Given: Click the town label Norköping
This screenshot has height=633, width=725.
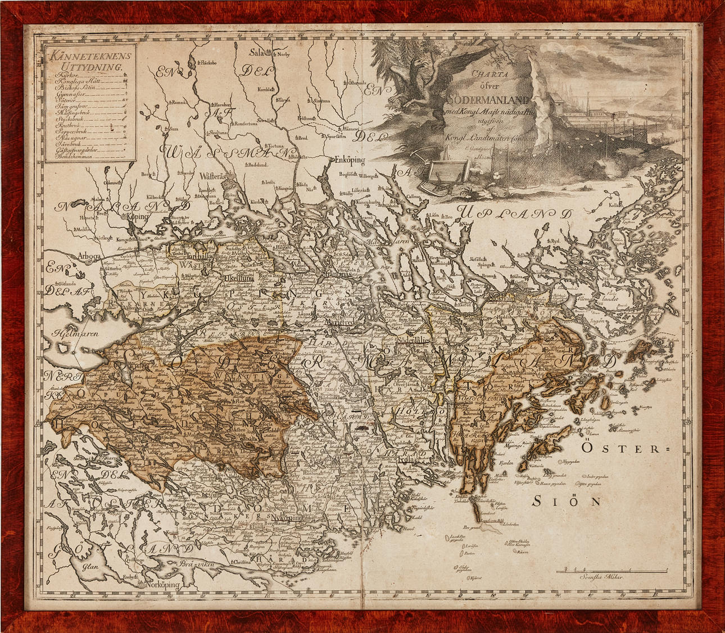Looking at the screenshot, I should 162,585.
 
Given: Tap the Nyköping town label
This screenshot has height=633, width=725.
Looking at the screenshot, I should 286,517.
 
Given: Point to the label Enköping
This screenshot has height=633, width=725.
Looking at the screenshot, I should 346,160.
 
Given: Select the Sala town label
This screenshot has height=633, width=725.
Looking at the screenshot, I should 257,53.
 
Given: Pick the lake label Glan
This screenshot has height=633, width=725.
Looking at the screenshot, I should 90,567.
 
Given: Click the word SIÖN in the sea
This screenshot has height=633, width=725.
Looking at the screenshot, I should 567,501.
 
